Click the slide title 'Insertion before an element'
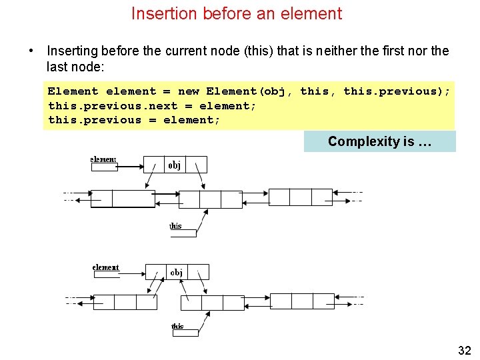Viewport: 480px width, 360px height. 237,13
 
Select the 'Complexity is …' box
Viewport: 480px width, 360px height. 379,141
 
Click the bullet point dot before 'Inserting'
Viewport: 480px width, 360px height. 31,51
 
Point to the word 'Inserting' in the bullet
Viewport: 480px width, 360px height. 71,51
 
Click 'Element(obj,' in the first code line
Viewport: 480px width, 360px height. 249,91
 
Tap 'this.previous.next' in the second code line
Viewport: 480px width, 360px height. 113,106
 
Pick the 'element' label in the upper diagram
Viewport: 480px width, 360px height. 103,159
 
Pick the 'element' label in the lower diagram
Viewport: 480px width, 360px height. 105,267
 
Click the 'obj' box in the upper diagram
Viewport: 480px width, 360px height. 175,165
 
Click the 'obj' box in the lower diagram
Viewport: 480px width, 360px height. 177,272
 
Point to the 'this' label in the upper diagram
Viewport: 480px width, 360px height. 175,226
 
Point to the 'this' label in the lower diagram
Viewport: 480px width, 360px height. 177,326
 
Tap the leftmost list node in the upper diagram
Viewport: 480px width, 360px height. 123,198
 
